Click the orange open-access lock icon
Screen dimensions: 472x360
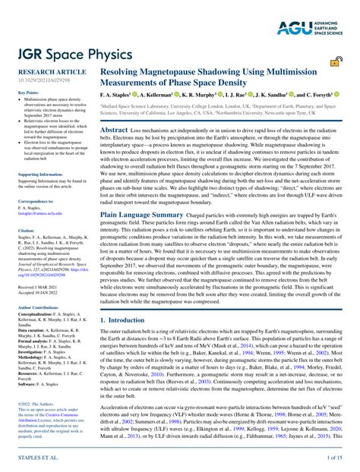point(335,63)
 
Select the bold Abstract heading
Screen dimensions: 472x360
point(113,131)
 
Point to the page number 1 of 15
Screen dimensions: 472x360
point(334,458)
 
